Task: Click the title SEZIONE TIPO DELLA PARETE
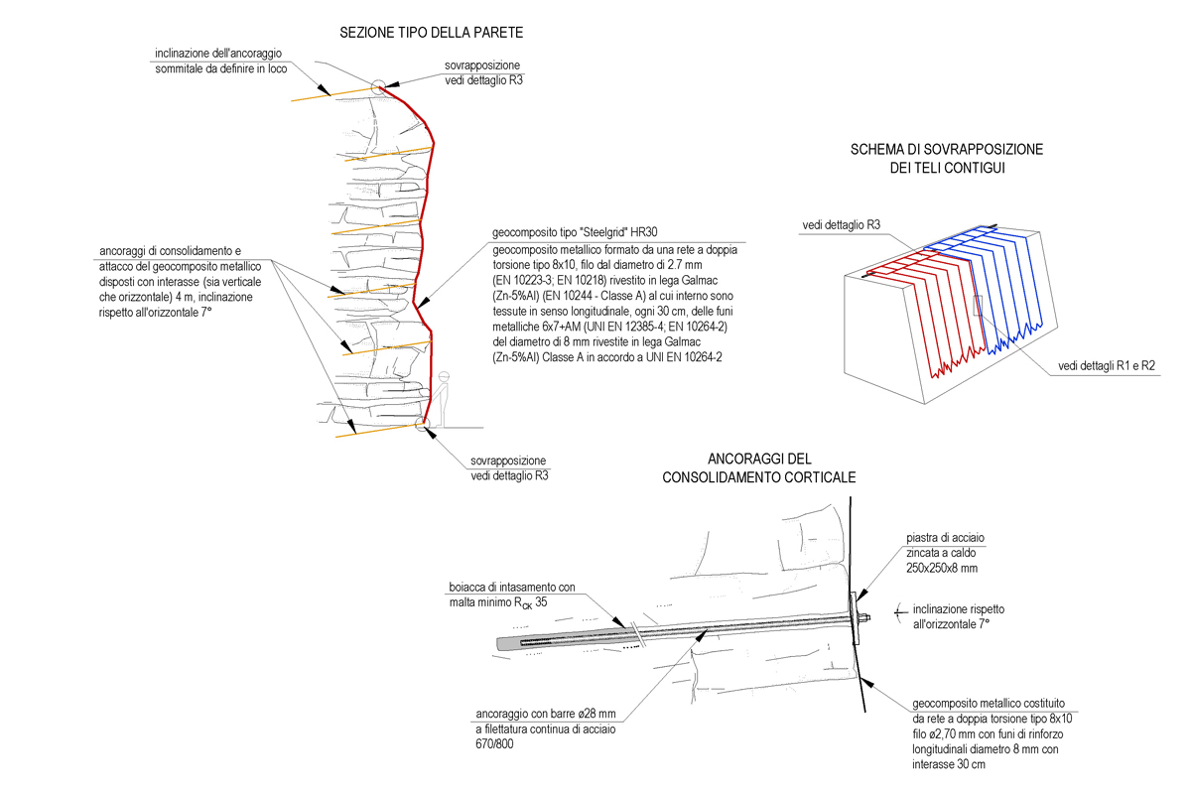click(431, 34)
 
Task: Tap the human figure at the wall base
click(446, 397)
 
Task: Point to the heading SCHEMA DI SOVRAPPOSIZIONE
click(946, 150)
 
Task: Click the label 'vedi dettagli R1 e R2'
click(1106, 365)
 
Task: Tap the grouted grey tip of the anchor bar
click(508, 643)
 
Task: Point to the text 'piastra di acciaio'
click(944, 537)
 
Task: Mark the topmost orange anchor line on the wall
click(333, 93)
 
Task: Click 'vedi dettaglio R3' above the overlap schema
click(841, 226)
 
